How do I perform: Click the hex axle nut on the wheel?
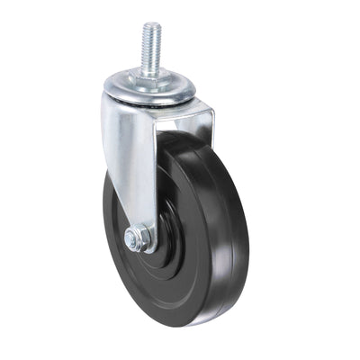coord(136,239)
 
